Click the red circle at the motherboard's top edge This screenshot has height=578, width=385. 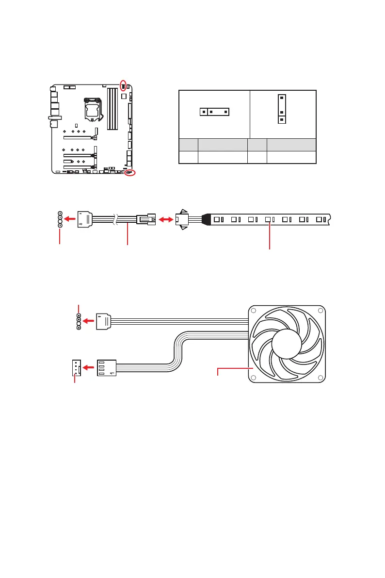click(123, 85)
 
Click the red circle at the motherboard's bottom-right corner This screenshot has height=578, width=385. click(130, 173)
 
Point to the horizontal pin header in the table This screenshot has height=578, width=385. click(214, 112)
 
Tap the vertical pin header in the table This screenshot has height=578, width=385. click(282, 109)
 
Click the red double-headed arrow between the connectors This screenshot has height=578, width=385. click(165, 220)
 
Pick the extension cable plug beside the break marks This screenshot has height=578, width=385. click(145, 219)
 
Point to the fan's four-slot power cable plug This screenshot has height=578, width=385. click(107, 367)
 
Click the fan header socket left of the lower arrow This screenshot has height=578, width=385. click(75, 367)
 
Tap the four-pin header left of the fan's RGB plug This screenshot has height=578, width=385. click(79, 321)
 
